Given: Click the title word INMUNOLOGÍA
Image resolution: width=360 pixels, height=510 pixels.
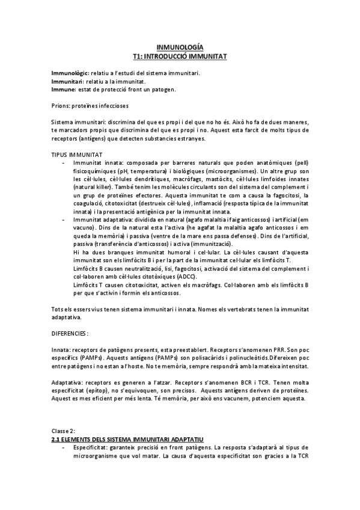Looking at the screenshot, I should point(180,47).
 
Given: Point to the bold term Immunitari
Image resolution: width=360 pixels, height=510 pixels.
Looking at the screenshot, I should point(68,81).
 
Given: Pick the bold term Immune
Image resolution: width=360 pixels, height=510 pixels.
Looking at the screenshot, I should point(63,89).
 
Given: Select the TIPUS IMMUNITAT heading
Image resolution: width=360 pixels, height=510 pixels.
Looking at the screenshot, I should point(76,155).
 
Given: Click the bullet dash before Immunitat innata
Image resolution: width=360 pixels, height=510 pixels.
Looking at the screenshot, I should point(64,163).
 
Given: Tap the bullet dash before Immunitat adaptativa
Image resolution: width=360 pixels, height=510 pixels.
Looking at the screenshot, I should point(64,220).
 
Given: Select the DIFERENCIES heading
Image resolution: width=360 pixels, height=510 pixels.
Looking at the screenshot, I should point(70,333).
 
